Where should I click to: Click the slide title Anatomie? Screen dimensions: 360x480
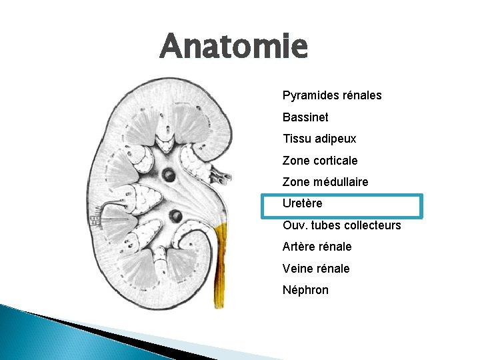pos(234,47)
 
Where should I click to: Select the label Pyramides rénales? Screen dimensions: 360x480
pos(332,95)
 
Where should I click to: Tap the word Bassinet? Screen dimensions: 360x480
pos(305,117)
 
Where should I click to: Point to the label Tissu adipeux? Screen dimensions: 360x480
pos(319,139)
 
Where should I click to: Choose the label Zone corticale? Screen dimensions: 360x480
pos(320,161)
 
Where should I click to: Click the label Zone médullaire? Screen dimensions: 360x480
pos(325,182)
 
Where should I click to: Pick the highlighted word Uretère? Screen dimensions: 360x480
pos(303,203)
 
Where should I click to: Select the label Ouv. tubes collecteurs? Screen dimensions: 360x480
pos(342,225)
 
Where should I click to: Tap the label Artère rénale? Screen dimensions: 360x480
pos(317,247)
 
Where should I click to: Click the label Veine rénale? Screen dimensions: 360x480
pos(316,269)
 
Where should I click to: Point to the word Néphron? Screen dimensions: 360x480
pos(305,290)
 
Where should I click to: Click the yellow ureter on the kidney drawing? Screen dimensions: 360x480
pos(219,267)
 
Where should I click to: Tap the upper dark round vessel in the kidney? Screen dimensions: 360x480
pos(169,175)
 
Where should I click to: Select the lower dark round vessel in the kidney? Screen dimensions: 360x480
pos(175,215)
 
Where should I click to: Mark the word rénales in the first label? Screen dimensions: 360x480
pos(360,95)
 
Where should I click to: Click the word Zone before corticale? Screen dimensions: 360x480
pos(296,161)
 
